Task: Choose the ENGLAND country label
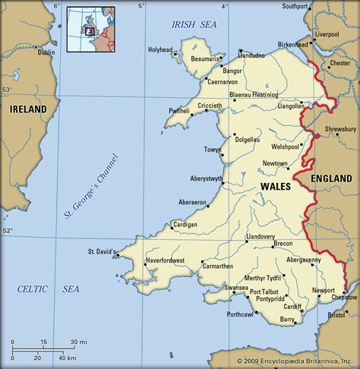point(331,178)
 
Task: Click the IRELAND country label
point(28,109)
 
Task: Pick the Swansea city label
point(237,288)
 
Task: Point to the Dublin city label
point(46,52)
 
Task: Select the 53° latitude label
point(8,90)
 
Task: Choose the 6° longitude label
point(56,6)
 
